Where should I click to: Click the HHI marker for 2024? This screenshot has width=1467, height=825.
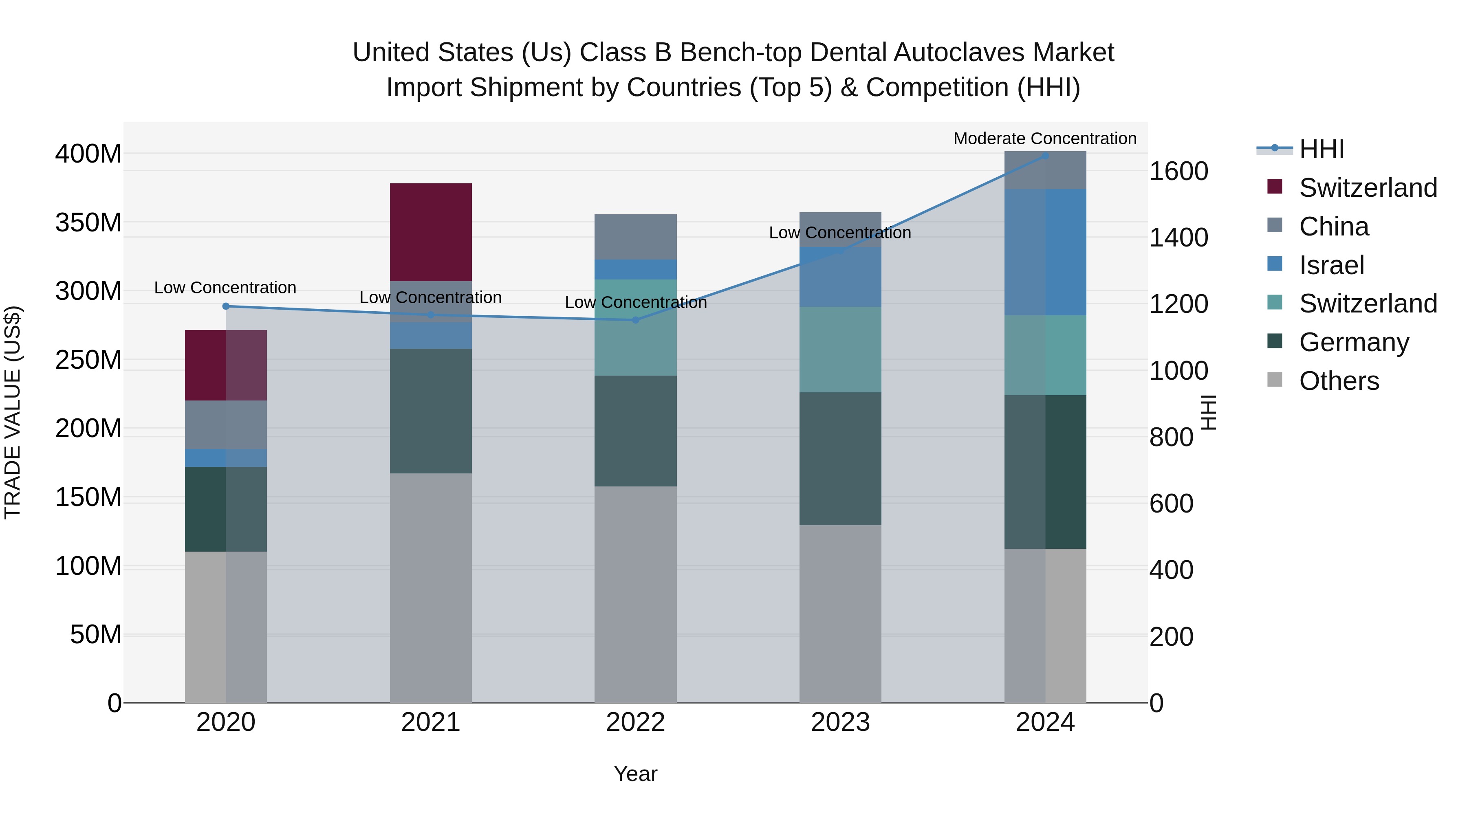1045,156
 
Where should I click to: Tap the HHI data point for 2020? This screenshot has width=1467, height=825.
225,306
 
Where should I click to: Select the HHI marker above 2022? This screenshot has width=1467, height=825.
636,320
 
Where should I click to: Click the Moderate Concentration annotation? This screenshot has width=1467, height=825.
1044,139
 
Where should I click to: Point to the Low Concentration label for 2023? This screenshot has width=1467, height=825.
839,233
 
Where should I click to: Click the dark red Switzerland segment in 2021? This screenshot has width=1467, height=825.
431,232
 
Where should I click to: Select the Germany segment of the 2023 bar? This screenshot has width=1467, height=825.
840,458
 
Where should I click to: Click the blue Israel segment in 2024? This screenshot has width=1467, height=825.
1045,252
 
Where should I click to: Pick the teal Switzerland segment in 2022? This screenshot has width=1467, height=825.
636,328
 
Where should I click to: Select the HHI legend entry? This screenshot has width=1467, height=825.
1321,149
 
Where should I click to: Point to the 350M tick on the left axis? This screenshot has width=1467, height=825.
88,222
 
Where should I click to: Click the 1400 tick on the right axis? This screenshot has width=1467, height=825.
1178,238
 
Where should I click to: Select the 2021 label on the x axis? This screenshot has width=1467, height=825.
431,722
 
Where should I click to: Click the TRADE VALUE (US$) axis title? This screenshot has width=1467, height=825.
13,412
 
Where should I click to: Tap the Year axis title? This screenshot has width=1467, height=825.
636,774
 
